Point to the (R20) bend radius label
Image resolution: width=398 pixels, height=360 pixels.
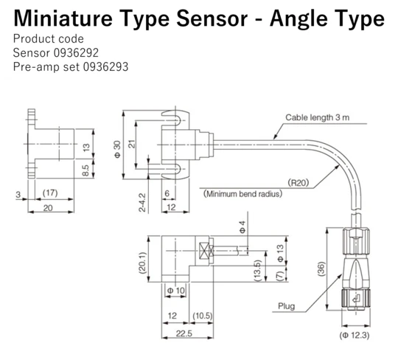pyautogui.click(x=298, y=181)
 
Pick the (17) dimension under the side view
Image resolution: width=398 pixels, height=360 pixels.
pyautogui.click(x=50, y=194)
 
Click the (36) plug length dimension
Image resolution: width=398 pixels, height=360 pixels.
pyautogui.click(x=319, y=270)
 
